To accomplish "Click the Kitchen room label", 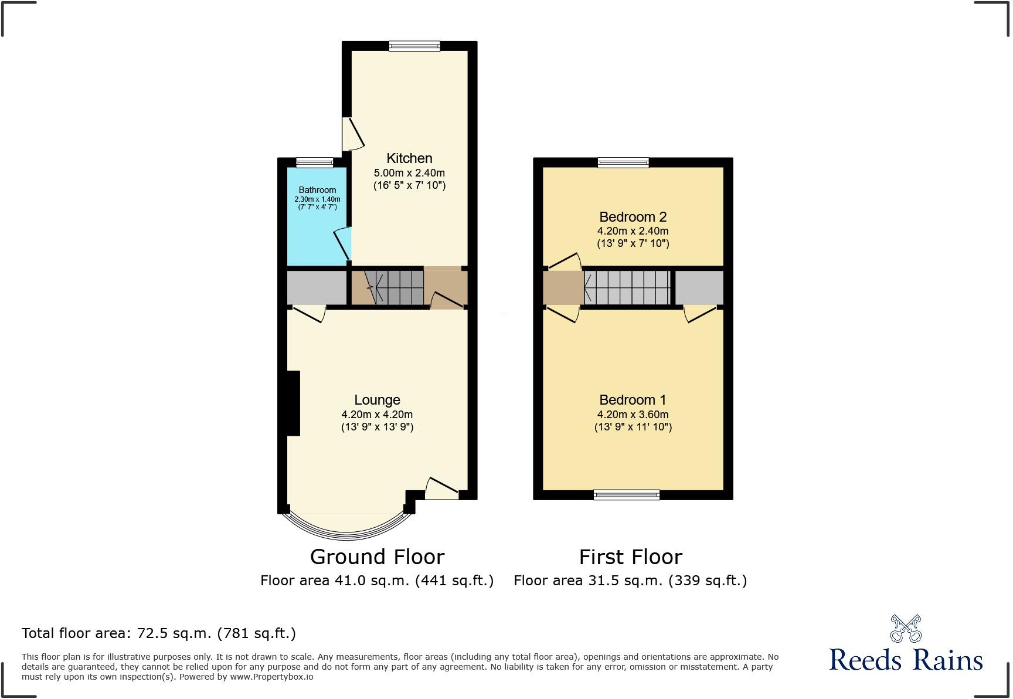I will coord(409,158).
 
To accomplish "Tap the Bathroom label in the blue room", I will coord(317,190).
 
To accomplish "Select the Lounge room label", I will coord(377,400).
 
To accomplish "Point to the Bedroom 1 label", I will coord(633,400).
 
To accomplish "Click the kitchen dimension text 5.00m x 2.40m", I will coord(409,173).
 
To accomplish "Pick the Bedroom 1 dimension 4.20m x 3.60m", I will coord(633,415).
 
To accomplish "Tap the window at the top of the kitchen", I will coord(414,46).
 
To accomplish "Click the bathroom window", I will coord(314,162).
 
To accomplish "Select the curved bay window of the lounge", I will coord(346,531).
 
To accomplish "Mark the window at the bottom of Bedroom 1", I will coord(627,495).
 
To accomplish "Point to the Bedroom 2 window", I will coord(623,162).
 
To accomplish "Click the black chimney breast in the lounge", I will coord(293,403).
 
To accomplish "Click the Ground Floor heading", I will coord(377,557).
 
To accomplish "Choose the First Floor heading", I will coord(630,557).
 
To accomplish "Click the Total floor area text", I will coord(158,633).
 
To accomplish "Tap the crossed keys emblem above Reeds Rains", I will coord(906,629).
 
